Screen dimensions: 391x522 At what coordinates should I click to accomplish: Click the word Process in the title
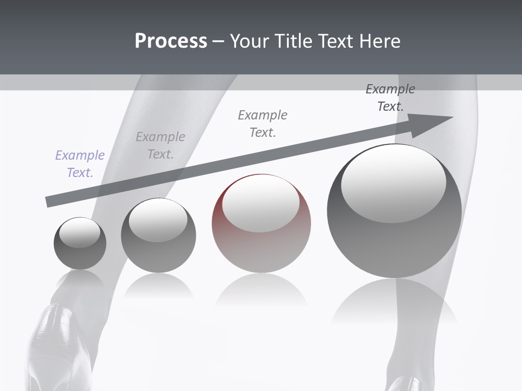(x=171, y=41)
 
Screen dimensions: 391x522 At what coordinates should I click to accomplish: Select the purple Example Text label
(x=80, y=163)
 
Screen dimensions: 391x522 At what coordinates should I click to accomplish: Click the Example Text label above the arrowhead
(x=390, y=98)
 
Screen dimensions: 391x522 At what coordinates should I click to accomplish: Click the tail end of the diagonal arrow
(x=50, y=201)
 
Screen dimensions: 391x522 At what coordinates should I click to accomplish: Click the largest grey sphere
(x=394, y=239)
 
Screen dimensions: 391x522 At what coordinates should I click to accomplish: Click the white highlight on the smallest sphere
(x=80, y=232)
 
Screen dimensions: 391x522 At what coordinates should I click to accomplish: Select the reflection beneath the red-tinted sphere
(x=261, y=291)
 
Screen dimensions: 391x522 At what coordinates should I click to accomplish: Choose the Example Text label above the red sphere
(x=263, y=123)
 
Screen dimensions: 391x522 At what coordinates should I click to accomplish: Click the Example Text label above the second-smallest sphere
(x=160, y=145)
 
